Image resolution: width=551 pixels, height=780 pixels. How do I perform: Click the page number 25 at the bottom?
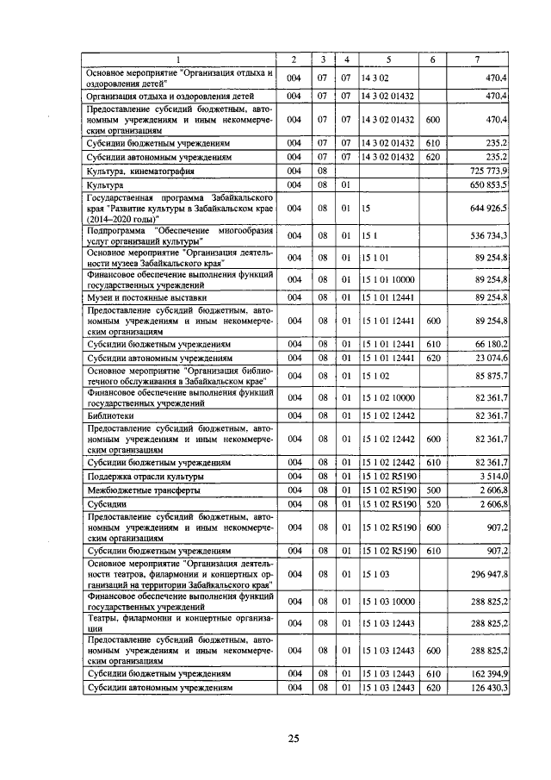coord(293,739)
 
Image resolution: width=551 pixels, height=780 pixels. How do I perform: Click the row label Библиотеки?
coord(108,415)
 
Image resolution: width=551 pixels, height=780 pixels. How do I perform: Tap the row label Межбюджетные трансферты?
coord(130,490)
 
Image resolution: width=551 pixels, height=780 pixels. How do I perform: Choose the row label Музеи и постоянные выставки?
coord(134,297)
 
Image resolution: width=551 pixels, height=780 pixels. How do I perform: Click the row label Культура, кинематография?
coord(133,171)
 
